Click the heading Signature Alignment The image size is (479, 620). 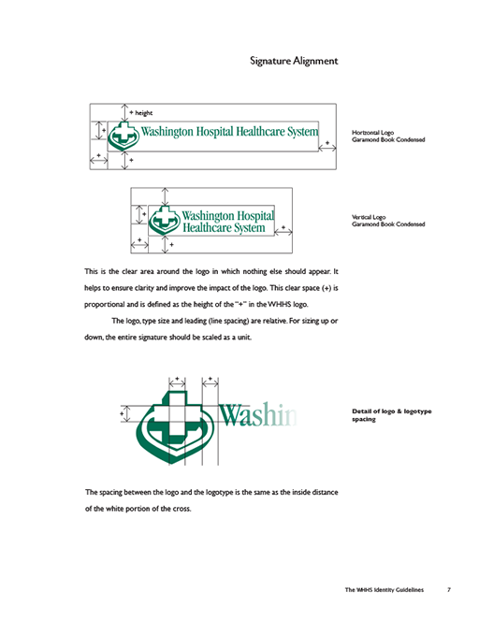pos(294,61)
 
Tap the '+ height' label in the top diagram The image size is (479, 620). pos(141,113)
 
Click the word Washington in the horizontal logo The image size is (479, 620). pos(167,131)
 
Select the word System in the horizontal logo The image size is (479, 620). pos(302,131)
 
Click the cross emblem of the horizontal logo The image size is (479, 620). pos(123,136)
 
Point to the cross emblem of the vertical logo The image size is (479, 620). pos(165,220)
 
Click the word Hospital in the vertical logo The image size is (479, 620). pos(253,215)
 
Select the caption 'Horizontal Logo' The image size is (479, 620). pos(372,133)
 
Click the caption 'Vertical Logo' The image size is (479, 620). pos(369,217)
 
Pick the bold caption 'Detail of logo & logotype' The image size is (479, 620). pos(392,411)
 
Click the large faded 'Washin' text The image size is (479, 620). pos(257,415)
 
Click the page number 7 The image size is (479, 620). pos(449,589)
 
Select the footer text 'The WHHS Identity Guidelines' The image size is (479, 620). pos(385,589)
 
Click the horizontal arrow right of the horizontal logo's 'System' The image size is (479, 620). pos(327,148)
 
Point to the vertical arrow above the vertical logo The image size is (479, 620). pos(165,196)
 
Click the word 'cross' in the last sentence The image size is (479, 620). pos(181,509)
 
